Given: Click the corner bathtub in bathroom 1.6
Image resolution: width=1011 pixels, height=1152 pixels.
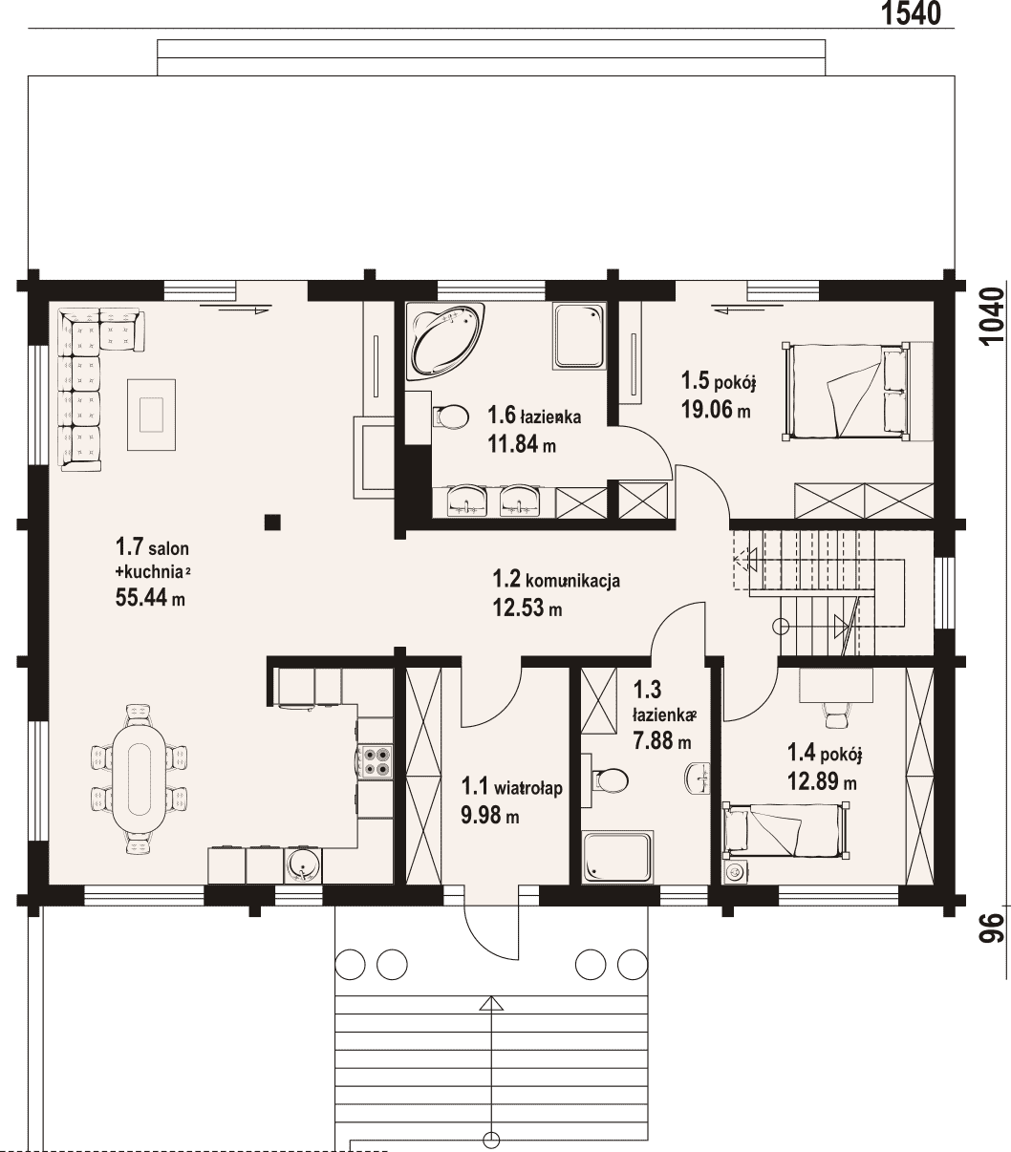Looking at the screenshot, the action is click(444, 340).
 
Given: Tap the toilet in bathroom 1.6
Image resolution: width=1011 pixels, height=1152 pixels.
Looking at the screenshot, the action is click(451, 416).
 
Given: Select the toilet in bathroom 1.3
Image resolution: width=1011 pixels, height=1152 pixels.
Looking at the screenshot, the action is click(610, 779).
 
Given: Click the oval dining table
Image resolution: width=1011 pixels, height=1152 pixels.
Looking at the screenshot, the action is click(140, 779).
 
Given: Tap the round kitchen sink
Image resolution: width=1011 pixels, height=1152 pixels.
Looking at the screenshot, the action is click(303, 865).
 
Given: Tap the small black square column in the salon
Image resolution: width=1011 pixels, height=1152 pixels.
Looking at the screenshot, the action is click(272, 522).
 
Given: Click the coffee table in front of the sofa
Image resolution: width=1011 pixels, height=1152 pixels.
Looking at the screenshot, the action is click(151, 415).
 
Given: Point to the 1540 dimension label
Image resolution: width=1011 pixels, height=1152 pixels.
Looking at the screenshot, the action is click(911, 13).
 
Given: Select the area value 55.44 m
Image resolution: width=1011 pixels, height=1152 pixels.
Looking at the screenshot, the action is click(150, 598).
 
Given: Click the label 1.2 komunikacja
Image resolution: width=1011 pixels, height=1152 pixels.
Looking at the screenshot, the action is click(556, 580).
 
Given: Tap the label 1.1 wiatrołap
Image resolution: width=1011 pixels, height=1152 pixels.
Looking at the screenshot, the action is click(511, 787).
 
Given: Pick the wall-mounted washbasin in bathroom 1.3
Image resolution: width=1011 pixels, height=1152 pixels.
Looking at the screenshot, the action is click(698, 778).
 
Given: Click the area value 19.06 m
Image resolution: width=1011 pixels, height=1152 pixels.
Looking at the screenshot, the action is click(716, 410).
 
